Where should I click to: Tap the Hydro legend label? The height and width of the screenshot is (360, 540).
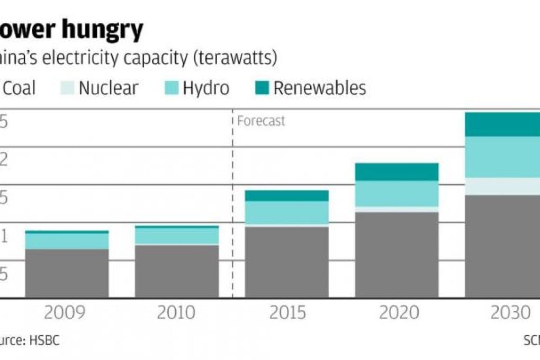tap(206, 87)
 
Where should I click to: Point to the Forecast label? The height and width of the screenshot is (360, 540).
tap(261, 121)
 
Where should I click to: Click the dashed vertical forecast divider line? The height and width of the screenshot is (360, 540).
tap(232, 212)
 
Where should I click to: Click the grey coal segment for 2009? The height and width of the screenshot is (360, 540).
tap(67, 273)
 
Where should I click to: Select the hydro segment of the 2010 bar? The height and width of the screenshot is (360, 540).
tap(177, 236)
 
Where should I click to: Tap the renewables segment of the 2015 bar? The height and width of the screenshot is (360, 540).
tap(287, 195)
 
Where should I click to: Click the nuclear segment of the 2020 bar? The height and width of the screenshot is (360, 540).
tap(397, 209)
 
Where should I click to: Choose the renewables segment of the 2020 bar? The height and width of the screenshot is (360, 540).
tap(397, 172)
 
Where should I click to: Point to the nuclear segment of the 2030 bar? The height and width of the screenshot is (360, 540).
tap(502, 186)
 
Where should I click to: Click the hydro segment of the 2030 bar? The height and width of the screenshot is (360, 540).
tap(502, 157)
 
